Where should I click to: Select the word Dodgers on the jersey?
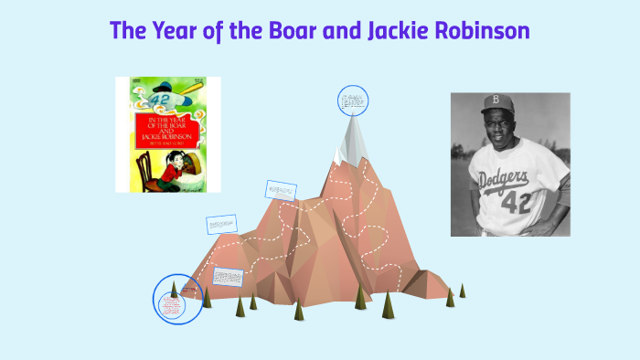[504, 178]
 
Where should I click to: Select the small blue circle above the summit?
[352, 101]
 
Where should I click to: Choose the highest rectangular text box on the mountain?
[281, 190]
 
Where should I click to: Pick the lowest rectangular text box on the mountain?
[228, 276]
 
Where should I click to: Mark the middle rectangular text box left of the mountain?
[221, 224]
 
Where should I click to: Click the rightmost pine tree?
[462, 291]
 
